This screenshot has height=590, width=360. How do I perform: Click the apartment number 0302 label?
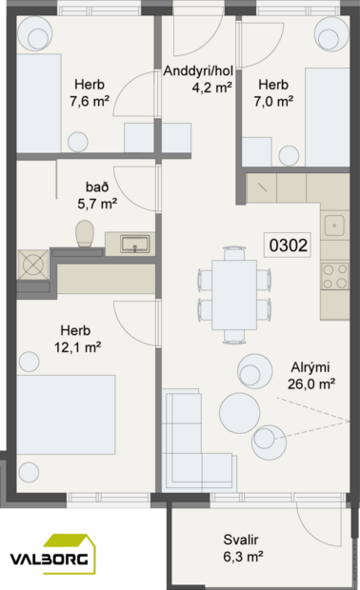point(288,246)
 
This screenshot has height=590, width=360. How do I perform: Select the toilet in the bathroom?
point(84,233)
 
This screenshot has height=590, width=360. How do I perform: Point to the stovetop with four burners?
point(335,276)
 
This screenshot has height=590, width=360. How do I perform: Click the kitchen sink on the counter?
point(335,226)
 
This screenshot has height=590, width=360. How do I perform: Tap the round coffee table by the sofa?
point(239,412)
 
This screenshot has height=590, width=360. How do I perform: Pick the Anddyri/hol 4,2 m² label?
point(198,79)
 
